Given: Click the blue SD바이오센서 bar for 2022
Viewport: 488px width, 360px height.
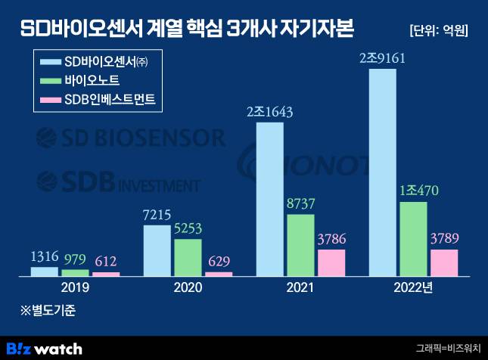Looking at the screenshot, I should tap(382, 172).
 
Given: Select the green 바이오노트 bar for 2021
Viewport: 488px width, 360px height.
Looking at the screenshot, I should tap(300, 245).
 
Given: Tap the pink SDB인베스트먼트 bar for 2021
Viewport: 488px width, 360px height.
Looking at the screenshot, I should tap(331, 262).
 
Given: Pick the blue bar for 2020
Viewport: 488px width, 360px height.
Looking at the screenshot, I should tap(157, 250).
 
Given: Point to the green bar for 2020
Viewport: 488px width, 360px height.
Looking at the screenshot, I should tap(188, 257).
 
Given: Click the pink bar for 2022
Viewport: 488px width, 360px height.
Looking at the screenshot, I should tap(444, 262).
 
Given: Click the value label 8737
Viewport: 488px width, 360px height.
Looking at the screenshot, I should tap(301, 203).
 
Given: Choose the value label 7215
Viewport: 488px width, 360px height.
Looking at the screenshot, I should tap(157, 214).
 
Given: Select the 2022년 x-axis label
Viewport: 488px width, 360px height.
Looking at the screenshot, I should tap(413, 288).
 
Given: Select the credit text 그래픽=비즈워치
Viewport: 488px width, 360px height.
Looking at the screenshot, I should tap(448, 349).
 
